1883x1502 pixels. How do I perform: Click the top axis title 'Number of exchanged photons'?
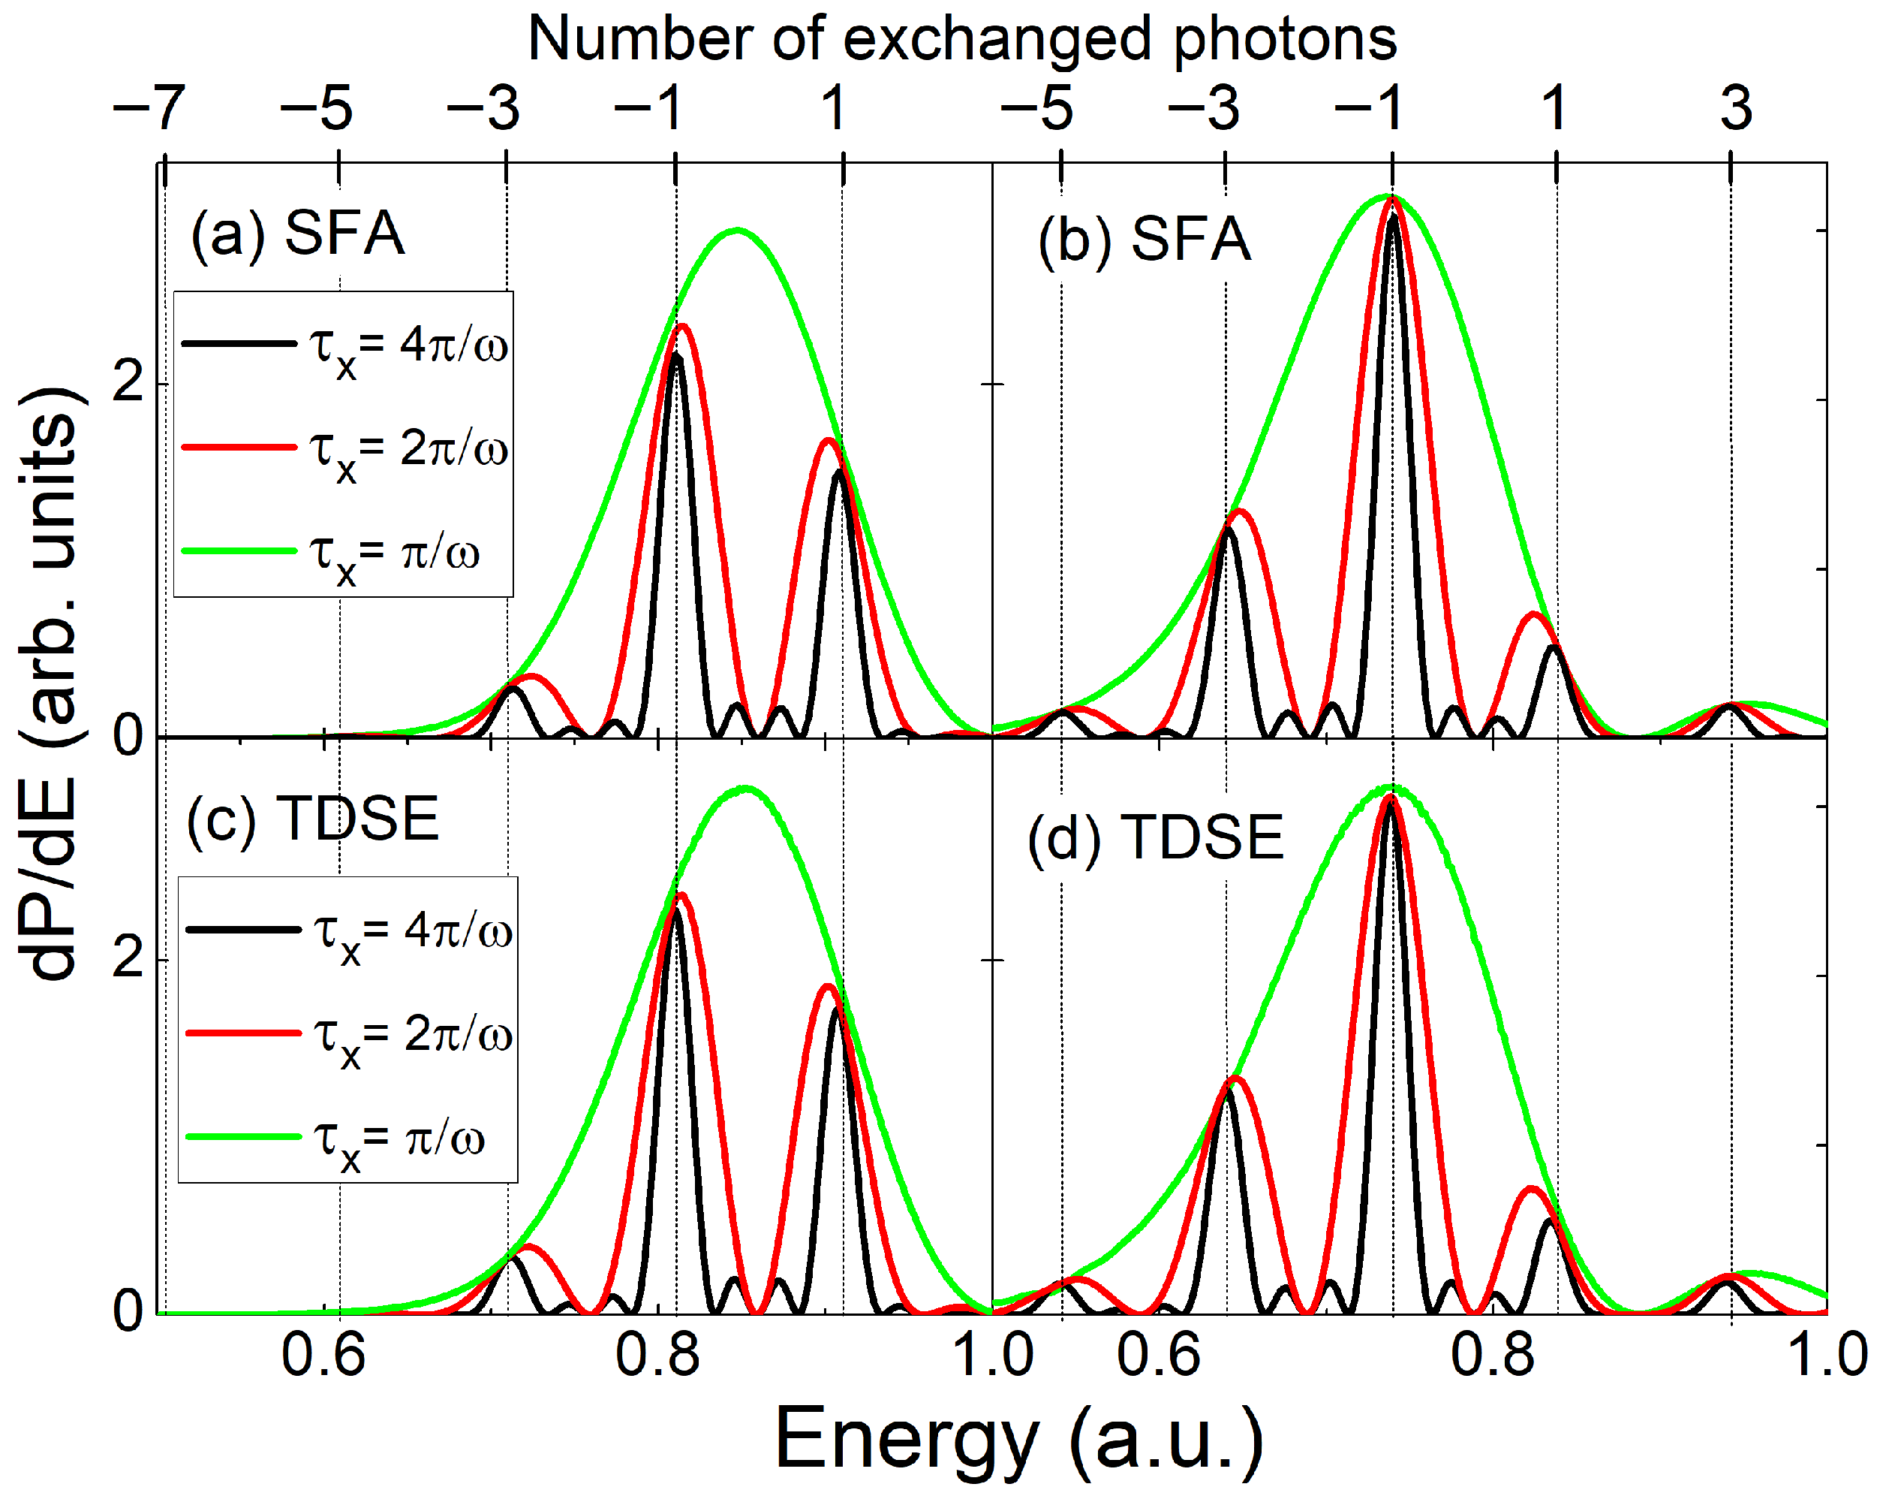[x=961, y=39]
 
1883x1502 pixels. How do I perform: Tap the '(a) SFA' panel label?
[x=297, y=234]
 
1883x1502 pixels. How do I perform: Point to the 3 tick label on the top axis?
[x=1734, y=108]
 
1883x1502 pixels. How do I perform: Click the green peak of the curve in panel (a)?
[x=738, y=231]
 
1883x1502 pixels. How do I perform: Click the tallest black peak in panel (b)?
[x=1393, y=217]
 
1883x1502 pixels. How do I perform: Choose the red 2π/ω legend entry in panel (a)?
[x=344, y=449]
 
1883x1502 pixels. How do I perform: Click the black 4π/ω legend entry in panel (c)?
[x=348, y=930]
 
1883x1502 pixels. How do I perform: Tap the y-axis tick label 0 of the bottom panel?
[x=128, y=1310]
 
